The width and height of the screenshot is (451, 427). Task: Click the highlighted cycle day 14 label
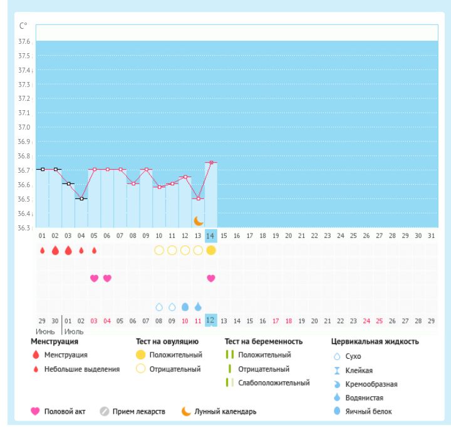[x=211, y=235]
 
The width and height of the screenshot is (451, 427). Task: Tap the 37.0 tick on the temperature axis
[x=27, y=127]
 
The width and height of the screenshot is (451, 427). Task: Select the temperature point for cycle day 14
[x=211, y=163]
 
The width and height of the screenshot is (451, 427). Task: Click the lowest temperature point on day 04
[x=81, y=198]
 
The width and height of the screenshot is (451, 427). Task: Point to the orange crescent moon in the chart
[x=199, y=220]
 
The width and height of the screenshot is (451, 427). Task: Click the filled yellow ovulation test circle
[x=211, y=250]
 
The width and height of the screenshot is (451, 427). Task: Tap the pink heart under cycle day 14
[x=211, y=278]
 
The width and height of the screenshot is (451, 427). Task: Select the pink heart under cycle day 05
[x=94, y=278]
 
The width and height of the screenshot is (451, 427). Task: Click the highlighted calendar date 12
[x=211, y=320]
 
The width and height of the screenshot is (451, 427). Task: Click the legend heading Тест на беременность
[x=264, y=342]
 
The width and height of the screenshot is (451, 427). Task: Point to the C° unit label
[x=24, y=25]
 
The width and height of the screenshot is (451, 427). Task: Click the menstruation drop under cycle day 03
[x=68, y=250]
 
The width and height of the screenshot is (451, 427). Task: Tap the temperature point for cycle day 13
[x=199, y=198]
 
